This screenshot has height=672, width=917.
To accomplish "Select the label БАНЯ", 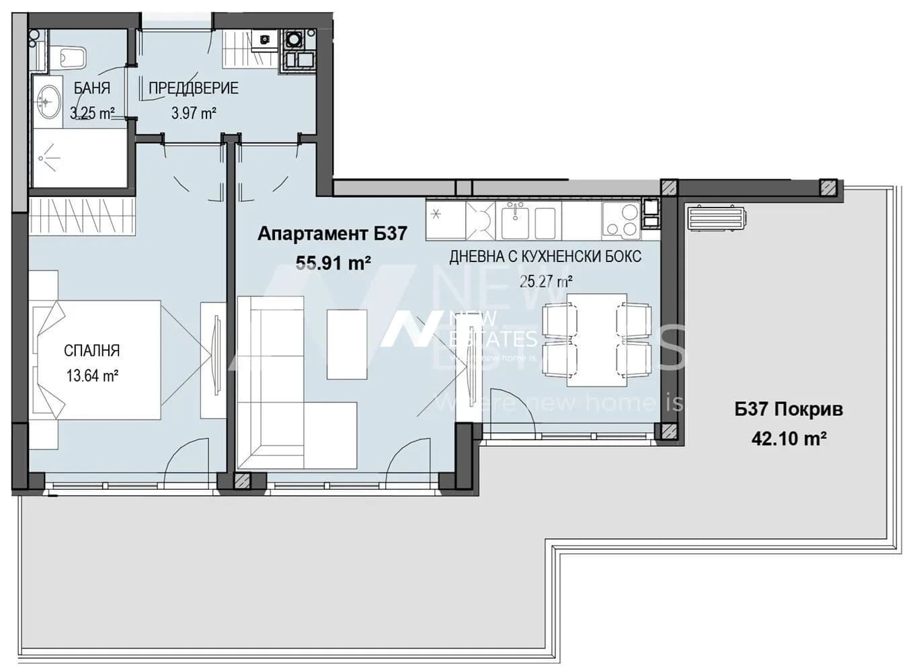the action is click(x=92, y=88).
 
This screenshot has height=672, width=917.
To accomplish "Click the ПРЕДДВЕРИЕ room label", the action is click(x=193, y=88).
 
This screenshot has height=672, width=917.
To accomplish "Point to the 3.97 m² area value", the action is click(x=194, y=113).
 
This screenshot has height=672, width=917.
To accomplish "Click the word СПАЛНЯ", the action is click(x=92, y=351).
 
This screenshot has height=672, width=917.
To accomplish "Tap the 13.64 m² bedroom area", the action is click(x=93, y=375).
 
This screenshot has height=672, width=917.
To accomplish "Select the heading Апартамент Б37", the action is click(x=332, y=234).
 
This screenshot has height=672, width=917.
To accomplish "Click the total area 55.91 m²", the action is click(x=333, y=263).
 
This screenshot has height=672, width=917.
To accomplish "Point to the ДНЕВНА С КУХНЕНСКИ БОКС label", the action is click(x=545, y=257).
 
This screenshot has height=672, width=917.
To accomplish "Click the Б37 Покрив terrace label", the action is click(x=789, y=409).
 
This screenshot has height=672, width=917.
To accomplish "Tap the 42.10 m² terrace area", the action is click(x=789, y=439).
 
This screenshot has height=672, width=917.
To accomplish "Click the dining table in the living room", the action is click(x=597, y=340).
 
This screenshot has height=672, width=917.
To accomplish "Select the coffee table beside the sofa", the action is click(x=347, y=345).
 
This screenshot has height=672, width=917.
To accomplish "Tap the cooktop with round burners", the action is click(x=621, y=221).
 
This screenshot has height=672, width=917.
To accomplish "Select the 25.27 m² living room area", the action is click(x=546, y=282).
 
